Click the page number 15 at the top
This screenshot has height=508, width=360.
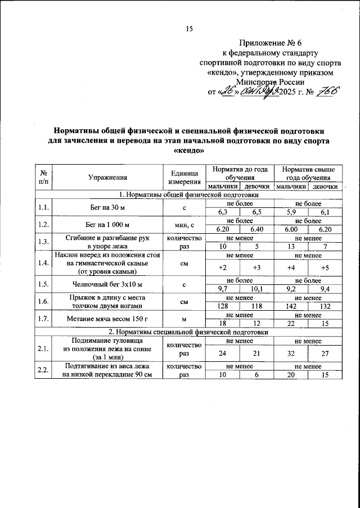point(189,30)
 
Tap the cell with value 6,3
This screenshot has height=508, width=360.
point(222,212)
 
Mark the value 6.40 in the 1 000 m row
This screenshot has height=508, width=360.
point(256,229)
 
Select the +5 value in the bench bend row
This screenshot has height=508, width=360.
point(325,267)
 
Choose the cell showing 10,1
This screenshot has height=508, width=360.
point(256,289)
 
